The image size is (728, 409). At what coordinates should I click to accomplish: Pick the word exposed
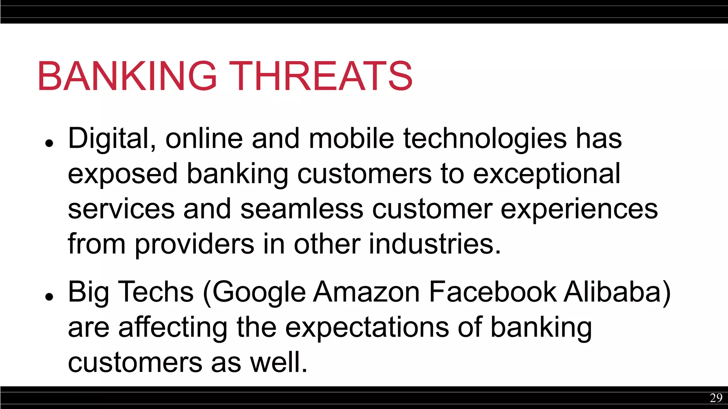tap(122, 174)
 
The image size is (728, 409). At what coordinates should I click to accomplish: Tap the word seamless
tap(302, 209)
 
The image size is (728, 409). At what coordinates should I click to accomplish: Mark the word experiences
tap(579, 209)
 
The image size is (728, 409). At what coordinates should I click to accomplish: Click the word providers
tap(194, 244)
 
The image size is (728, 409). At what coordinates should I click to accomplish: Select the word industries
tap(434, 244)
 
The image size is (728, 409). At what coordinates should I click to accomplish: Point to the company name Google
tap(259, 292)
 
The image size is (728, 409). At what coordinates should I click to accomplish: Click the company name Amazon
tap(366, 292)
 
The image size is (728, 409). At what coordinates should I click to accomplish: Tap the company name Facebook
tap(492, 292)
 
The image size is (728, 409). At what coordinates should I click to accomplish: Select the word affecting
tap(172, 327)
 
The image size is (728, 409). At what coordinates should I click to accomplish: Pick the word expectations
tap(367, 327)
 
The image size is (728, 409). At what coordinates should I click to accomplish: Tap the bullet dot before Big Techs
tap(49, 296)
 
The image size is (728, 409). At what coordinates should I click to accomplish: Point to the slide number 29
tap(716, 398)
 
